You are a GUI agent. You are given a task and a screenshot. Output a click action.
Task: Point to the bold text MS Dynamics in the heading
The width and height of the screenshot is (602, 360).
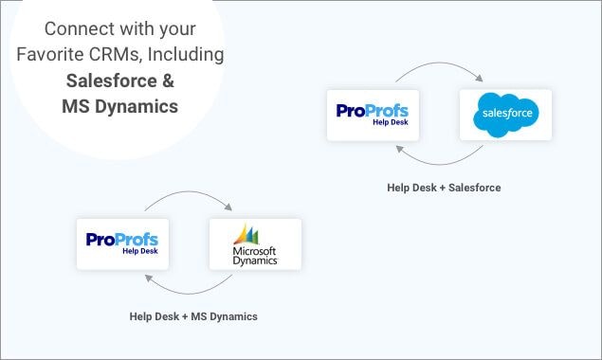click(121, 106)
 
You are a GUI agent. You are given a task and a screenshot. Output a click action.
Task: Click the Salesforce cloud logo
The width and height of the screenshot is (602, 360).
click(505, 115)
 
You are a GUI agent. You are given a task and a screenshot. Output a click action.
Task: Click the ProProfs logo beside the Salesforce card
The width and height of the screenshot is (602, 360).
click(373, 115)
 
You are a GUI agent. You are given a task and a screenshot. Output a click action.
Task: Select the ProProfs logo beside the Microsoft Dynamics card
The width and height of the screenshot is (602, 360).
click(122, 243)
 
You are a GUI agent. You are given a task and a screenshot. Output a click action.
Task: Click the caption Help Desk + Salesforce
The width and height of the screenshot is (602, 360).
click(444, 188)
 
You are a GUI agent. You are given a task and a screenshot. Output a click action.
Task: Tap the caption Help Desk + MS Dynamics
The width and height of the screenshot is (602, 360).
click(193, 315)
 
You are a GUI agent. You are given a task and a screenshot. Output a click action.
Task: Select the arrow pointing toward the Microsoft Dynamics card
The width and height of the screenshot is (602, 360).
click(190, 199)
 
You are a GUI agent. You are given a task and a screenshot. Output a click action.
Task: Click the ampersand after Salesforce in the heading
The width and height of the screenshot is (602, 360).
click(168, 81)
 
